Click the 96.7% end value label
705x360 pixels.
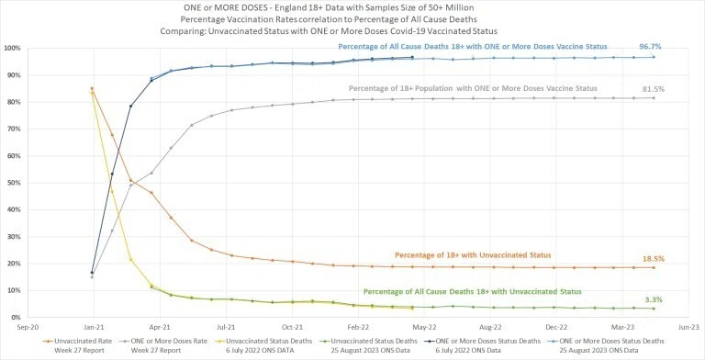[650, 46]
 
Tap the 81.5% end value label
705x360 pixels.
[653, 89]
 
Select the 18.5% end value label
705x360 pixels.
[654, 259]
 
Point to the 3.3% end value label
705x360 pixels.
[653, 299]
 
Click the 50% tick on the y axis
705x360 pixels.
[12, 183]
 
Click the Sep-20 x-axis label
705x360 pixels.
[27, 327]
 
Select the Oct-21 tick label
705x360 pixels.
[292, 327]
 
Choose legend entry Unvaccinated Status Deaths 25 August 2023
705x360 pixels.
[368, 345]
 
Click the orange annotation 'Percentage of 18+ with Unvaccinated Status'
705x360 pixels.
[473, 255]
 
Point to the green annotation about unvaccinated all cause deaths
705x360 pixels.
[472, 292]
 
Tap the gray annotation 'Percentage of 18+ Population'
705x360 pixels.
[473, 89]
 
